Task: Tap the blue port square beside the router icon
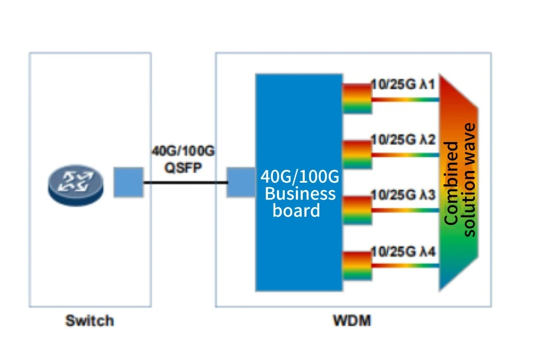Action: point(128,183)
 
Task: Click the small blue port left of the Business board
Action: point(241,183)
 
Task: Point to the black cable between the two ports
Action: point(185,183)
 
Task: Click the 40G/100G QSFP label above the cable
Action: point(183,159)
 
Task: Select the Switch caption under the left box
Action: point(89,321)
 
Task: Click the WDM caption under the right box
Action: point(352,321)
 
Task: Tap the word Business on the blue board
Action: point(300,194)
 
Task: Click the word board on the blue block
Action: point(296,210)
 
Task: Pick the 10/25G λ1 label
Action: point(403,84)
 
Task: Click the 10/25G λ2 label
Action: point(403,140)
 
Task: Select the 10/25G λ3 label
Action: point(403,195)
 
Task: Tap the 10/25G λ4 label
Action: point(403,252)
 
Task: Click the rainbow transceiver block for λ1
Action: point(357,98)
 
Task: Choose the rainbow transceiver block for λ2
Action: point(357,154)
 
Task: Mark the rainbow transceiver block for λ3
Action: point(357,210)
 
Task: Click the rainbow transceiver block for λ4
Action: point(357,266)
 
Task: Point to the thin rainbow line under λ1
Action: point(405,100)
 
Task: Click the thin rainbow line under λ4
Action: point(405,266)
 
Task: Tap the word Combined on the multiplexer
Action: point(452,183)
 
